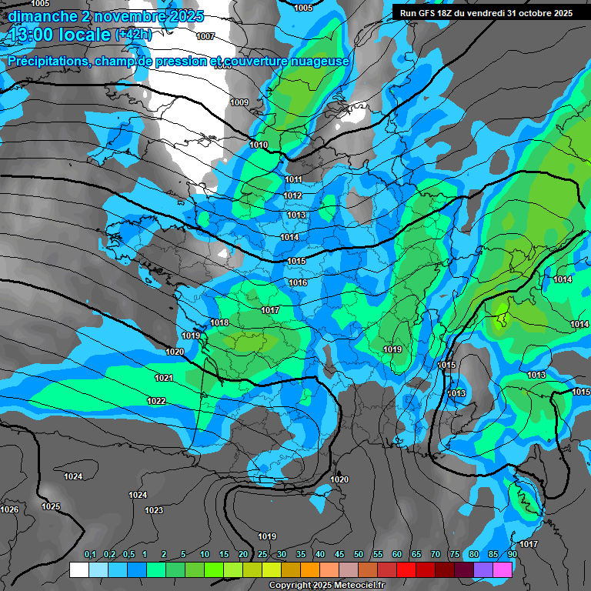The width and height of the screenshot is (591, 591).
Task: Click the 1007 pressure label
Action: coord(205,36)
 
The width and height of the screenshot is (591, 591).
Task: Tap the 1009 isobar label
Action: coord(239,102)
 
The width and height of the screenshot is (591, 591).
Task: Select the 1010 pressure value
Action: coord(259,145)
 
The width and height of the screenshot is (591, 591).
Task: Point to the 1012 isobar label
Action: coord(292,195)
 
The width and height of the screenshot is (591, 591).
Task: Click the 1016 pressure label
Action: coord(298,282)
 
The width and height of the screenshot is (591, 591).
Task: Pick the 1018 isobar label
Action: coord(219,322)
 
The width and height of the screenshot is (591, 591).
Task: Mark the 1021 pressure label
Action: coord(164,378)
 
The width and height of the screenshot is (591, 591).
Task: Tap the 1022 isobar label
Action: coord(156,401)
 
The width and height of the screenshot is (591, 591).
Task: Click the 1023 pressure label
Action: coord(154,510)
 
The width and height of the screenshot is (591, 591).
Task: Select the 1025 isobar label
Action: coord(51,506)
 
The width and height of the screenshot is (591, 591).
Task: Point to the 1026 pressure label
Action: coord(9,509)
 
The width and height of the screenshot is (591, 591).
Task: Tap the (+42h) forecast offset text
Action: coord(133,35)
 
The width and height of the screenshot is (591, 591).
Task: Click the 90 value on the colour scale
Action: coord(512,555)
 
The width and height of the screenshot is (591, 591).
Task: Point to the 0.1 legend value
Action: coord(90,555)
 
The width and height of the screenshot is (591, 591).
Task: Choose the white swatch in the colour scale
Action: coord(78,569)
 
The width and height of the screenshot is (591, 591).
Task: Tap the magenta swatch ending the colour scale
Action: coord(502,569)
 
